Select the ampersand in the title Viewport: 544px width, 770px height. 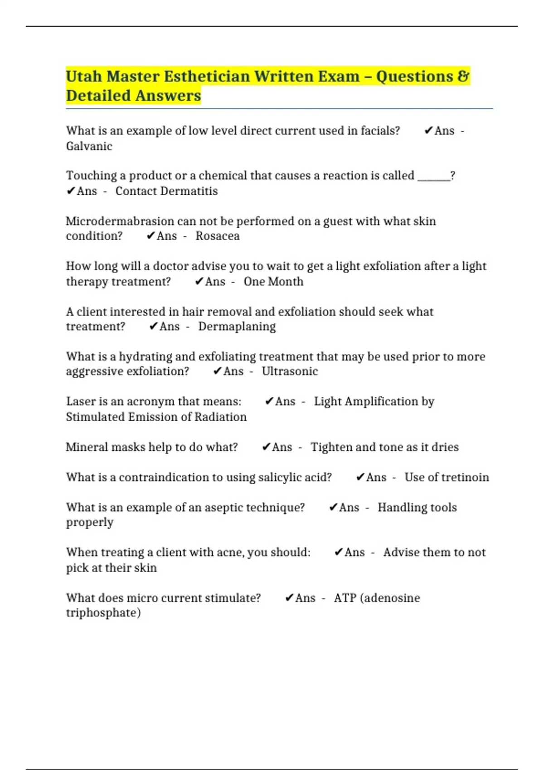[x=463, y=76]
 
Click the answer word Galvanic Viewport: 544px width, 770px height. [x=89, y=146]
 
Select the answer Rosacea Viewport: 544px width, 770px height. [x=218, y=236]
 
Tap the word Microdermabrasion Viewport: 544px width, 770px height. [x=120, y=221]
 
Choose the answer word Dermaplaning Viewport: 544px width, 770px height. [x=237, y=327]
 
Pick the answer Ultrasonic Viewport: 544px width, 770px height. [x=290, y=371]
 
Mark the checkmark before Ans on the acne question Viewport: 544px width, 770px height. [x=338, y=552]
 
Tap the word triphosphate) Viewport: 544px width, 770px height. [x=103, y=613]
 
